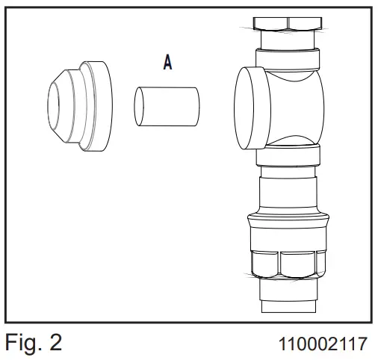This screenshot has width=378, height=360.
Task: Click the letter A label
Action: coord(168,63)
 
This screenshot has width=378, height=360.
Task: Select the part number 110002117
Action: coord(323,344)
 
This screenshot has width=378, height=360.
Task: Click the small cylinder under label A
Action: coord(167,107)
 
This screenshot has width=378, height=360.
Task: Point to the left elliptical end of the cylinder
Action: coord(139,106)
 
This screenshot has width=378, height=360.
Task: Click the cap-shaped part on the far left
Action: coord(80,106)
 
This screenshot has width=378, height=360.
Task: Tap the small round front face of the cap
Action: coord(53,106)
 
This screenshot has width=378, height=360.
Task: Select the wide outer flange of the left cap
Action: coord(99,106)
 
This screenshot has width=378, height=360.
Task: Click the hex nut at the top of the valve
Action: coord(288,24)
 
